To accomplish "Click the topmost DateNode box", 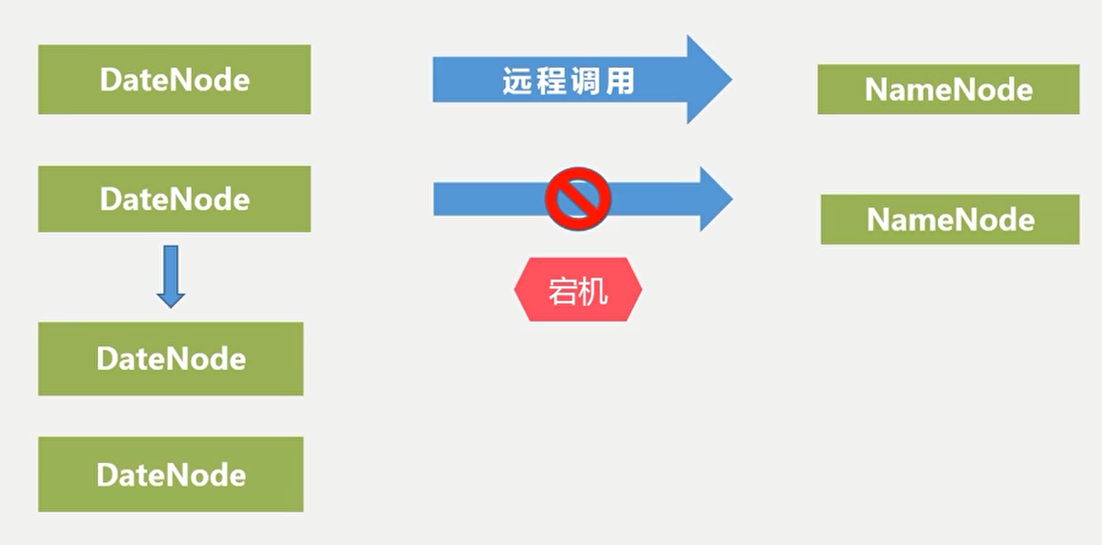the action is (174, 79).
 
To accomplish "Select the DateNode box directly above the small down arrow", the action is (174, 199).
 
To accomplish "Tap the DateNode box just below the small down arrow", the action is (171, 358).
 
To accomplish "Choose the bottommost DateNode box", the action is (171, 474).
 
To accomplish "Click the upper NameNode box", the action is (949, 89).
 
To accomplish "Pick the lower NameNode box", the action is (950, 219).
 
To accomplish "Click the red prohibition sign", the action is (578, 199).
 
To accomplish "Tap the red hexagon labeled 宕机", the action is (578, 289).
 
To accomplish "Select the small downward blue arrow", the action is (171, 277).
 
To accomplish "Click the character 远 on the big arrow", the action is (517, 81).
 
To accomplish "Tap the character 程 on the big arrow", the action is (551, 81).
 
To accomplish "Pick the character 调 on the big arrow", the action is (585, 81).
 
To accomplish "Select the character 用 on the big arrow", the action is (620, 81).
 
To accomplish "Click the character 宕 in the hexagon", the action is (562, 291).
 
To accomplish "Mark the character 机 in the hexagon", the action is (594, 291).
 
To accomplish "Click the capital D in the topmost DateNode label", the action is (111, 79).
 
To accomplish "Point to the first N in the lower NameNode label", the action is (878, 219).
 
